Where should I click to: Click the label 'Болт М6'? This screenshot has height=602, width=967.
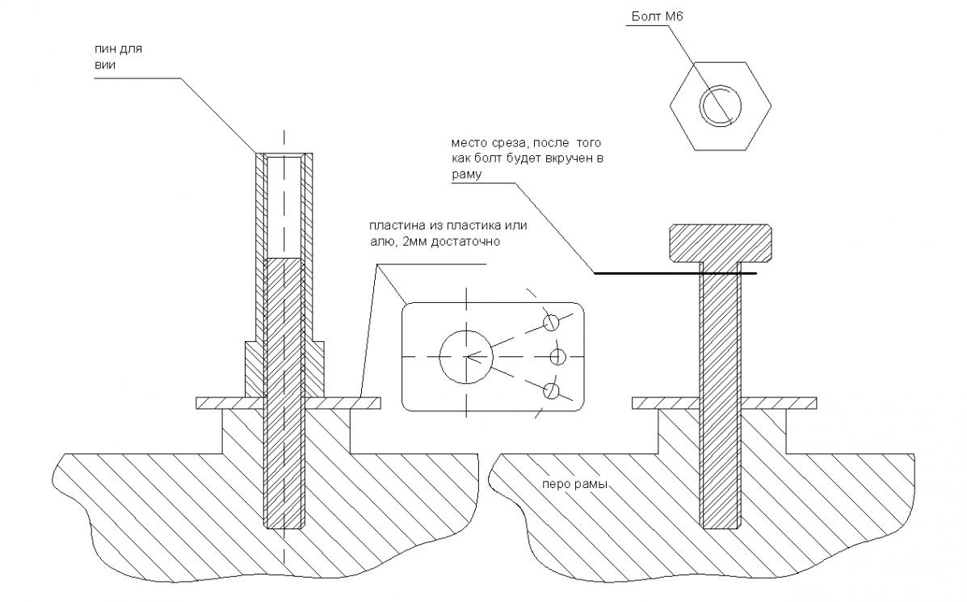[x=658, y=16]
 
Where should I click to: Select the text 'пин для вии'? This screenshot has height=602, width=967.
[x=107, y=57]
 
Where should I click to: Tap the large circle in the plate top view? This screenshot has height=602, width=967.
[x=467, y=356]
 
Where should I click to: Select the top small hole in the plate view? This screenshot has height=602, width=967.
[x=552, y=322]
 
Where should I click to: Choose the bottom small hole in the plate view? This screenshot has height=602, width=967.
[x=552, y=391]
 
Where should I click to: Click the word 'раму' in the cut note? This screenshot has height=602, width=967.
[x=467, y=173]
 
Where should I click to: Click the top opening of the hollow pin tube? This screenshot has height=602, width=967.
[x=284, y=155]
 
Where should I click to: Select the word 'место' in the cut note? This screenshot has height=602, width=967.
[x=469, y=144]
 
